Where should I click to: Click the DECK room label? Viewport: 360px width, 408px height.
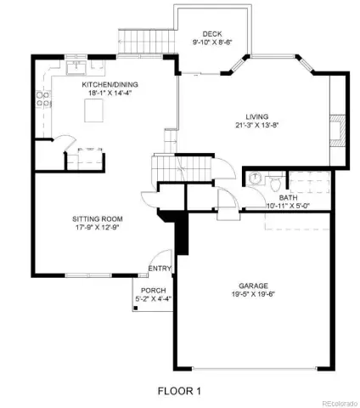click(x=212, y=34)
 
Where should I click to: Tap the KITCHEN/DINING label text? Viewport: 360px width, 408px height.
click(x=110, y=84)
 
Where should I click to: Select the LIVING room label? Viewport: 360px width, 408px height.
click(x=257, y=116)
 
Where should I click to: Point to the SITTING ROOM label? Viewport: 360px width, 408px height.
click(x=98, y=219)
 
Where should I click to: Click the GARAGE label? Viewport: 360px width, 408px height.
click(x=253, y=286)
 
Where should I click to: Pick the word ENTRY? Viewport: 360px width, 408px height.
click(x=160, y=269)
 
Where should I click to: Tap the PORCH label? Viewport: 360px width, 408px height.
click(x=154, y=291)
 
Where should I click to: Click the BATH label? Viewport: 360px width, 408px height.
click(x=288, y=198)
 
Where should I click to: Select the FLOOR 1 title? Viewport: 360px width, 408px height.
click(x=179, y=391)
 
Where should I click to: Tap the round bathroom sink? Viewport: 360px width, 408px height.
click(x=255, y=178)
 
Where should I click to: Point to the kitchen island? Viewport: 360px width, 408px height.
click(x=94, y=110)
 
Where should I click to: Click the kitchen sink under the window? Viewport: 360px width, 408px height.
click(x=76, y=67)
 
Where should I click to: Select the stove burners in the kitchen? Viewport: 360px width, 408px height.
click(x=43, y=99)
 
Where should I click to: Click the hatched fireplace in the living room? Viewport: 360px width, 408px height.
click(x=338, y=131)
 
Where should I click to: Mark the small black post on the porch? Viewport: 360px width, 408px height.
click(x=136, y=308)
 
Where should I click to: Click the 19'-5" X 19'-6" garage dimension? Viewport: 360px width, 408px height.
click(x=253, y=294)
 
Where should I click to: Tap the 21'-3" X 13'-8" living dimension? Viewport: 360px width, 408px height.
click(x=257, y=125)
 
